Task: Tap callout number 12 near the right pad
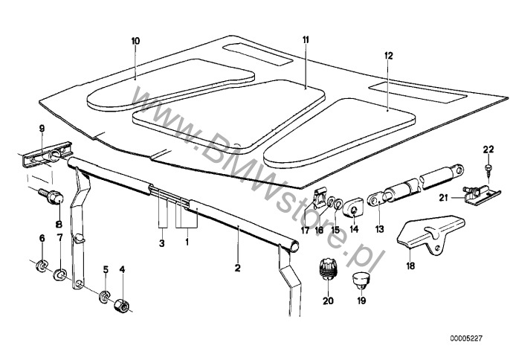click(x=387, y=55)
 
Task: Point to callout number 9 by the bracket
click(x=42, y=127)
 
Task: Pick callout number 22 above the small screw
click(x=488, y=152)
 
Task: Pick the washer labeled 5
click(x=106, y=296)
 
